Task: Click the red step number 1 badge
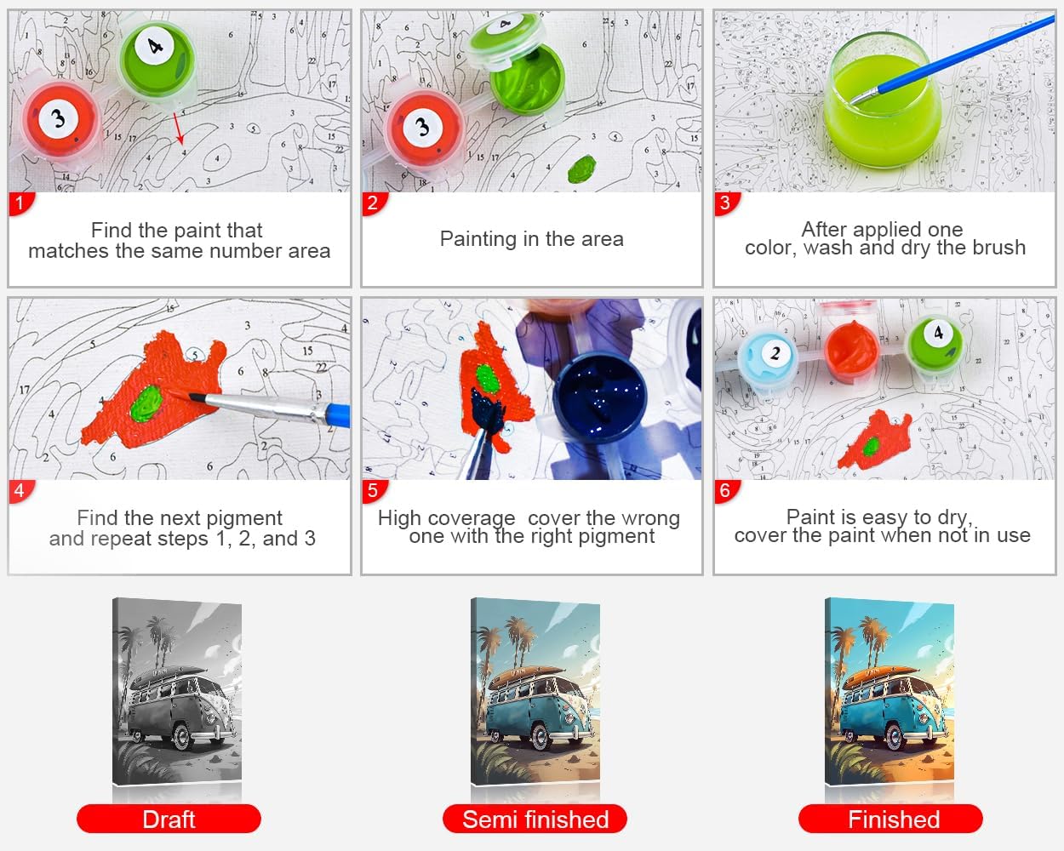click(x=20, y=203)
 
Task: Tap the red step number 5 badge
click(x=374, y=491)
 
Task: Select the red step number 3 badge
click(x=726, y=203)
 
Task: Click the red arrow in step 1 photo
click(x=179, y=129)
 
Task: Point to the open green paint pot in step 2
click(x=528, y=78)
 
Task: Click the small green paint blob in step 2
click(x=581, y=168)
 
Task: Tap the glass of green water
click(x=884, y=101)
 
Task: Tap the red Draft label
click(x=169, y=819)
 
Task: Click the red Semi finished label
click(x=535, y=819)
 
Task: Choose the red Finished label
click(x=890, y=819)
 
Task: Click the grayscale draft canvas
click(x=177, y=692)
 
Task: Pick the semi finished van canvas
click(x=535, y=692)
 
